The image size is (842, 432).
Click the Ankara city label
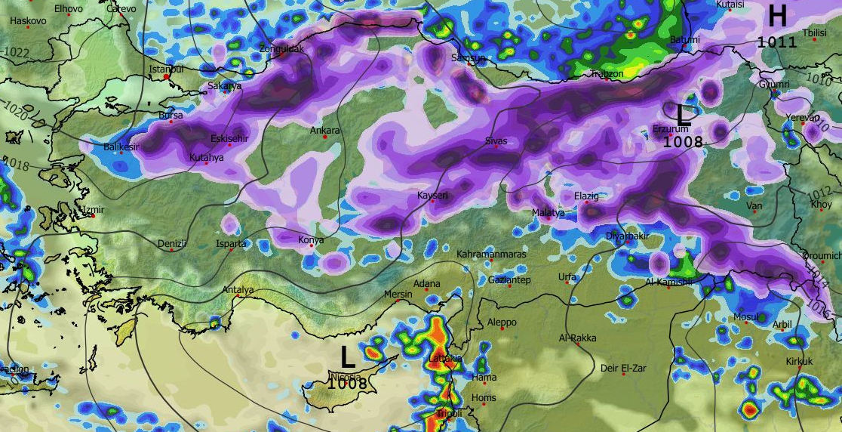[325, 131]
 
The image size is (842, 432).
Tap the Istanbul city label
[167, 69]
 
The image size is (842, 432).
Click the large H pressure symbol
[777, 16]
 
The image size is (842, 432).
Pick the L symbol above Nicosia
[347, 357]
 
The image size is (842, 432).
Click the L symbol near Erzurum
[684, 116]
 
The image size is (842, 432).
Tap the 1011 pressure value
[777, 42]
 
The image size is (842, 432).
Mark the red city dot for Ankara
[325, 137]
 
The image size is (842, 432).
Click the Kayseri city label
[433, 196]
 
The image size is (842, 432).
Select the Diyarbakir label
[628, 236]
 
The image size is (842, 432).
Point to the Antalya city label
[238, 290]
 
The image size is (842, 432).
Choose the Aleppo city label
[502, 322]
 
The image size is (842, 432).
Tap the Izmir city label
[94, 209]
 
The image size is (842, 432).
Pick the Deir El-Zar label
[624, 369]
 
